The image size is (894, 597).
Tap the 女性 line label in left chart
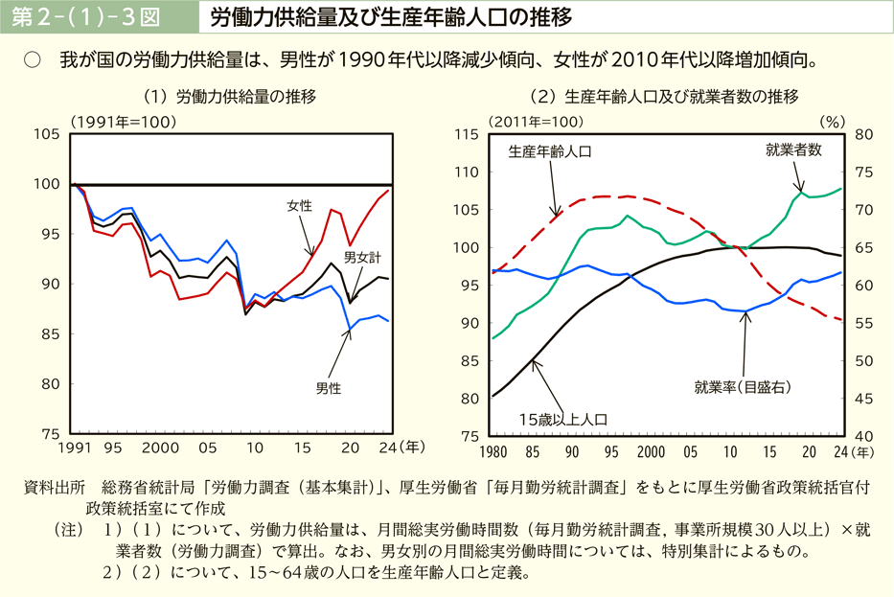[x=299, y=205]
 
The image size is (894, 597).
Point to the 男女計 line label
[x=362, y=257]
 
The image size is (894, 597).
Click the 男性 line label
[x=328, y=388]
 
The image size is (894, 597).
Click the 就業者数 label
[x=793, y=149]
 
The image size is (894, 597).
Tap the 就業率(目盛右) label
[x=743, y=387]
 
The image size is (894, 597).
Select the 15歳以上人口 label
[x=563, y=419]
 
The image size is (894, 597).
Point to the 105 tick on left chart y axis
[x=46, y=134]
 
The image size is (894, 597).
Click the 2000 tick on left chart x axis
[x=160, y=448]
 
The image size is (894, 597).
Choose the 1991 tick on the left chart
[x=73, y=448]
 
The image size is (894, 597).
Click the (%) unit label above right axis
[x=831, y=121]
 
